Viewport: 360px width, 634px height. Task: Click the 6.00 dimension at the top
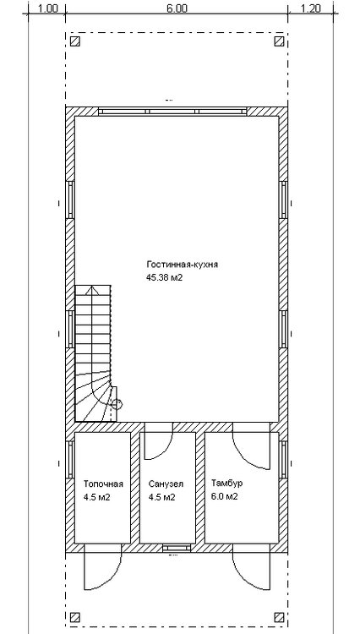[x=177, y=8]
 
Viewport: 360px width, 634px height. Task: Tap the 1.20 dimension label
[x=311, y=8]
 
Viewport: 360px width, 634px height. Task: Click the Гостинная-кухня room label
[x=183, y=265]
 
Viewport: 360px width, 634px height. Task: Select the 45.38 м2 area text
[x=165, y=278]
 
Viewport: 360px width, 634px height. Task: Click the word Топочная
[x=103, y=484]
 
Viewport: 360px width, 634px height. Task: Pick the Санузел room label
[x=166, y=484]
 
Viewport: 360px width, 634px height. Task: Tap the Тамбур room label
[x=227, y=484]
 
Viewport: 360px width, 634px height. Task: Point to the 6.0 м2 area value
[x=225, y=496]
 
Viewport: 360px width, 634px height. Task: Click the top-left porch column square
[x=75, y=41]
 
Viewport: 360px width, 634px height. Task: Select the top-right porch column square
[x=279, y=41]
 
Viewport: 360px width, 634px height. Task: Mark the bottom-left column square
[x=75, y=617]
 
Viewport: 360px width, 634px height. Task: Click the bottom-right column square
[x=279, y=617]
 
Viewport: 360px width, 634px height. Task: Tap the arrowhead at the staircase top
[x=92, y=289]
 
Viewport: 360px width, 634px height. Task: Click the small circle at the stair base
[x=117, y=403]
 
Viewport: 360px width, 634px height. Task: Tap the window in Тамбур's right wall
[x=284, y=460]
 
